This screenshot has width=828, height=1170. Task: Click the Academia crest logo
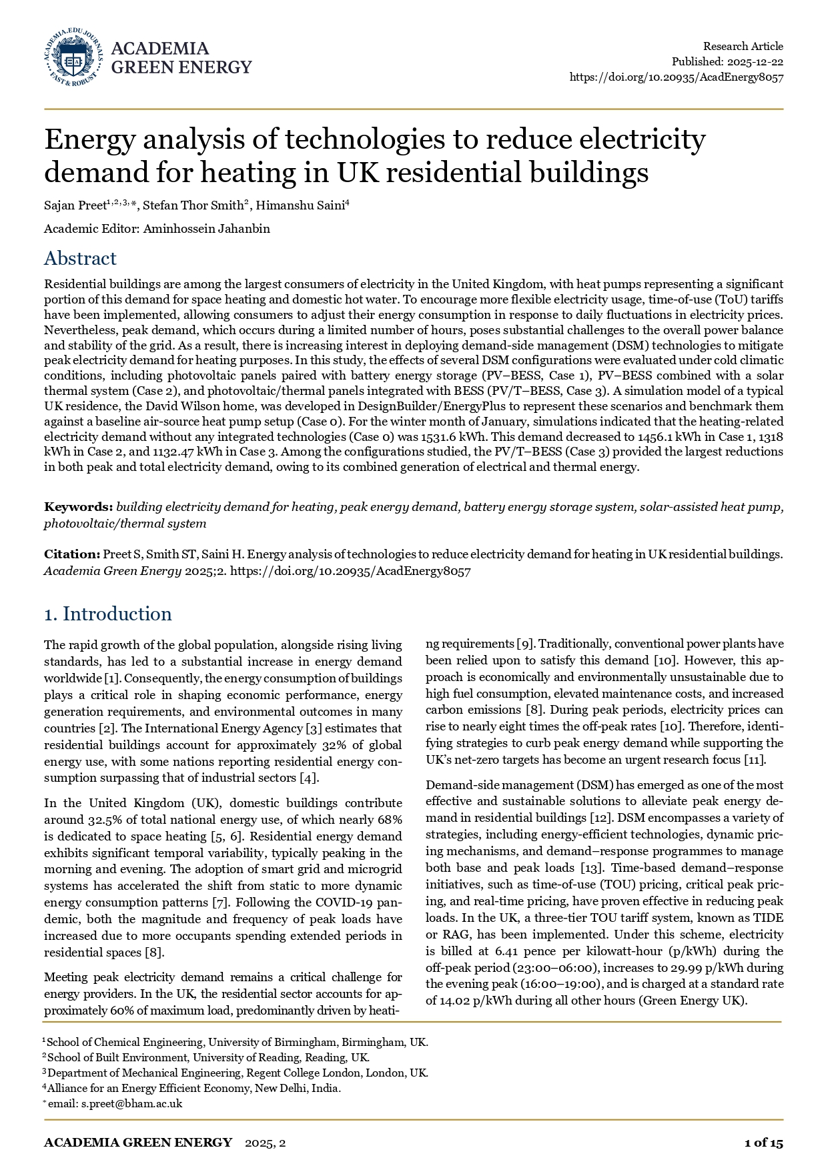(73, 57)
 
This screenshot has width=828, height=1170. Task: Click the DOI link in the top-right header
(676, 77)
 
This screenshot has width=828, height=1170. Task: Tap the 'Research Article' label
(743, 46)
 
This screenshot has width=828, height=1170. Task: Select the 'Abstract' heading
(80, 259)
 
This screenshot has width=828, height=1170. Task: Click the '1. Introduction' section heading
(108, 614)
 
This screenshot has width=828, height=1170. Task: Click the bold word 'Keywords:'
(78, 507)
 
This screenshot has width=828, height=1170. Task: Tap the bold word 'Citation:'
(71, 554)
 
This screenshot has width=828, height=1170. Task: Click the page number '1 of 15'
(763, 1143)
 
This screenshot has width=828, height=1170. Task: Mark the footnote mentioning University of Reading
(208, 1058)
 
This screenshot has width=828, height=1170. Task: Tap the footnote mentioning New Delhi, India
(193, 1089)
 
